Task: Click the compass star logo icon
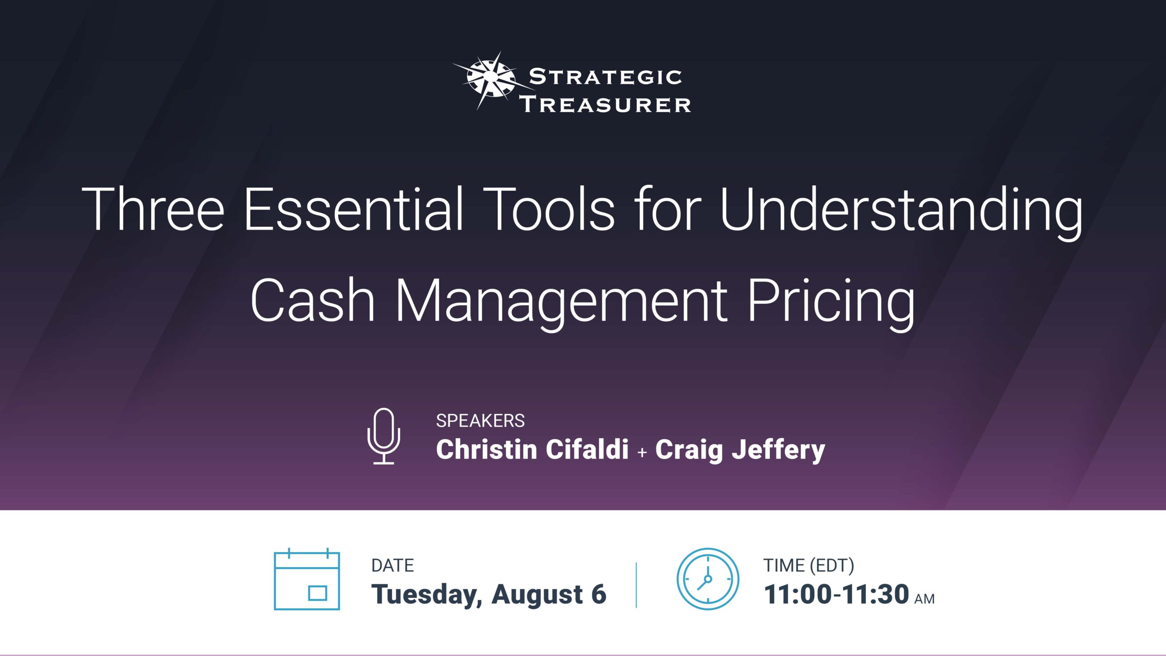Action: coord(489,81)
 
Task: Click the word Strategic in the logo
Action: coord(605,77)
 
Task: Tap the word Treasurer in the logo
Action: coord(606,104)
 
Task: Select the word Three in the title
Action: coord(153,210)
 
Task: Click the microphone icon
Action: coord(384,436)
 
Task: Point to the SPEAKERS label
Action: coord(480,421)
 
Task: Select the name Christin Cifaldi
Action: coord(532,449)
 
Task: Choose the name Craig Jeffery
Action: coord(740,450)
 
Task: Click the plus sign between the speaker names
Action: coord(642,452)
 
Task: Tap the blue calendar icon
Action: coord(307,579)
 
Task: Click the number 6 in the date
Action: coord(598,594)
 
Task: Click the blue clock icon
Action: coord(707,579)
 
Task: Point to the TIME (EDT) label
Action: coord(808,565)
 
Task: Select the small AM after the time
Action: coord(924,599)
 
